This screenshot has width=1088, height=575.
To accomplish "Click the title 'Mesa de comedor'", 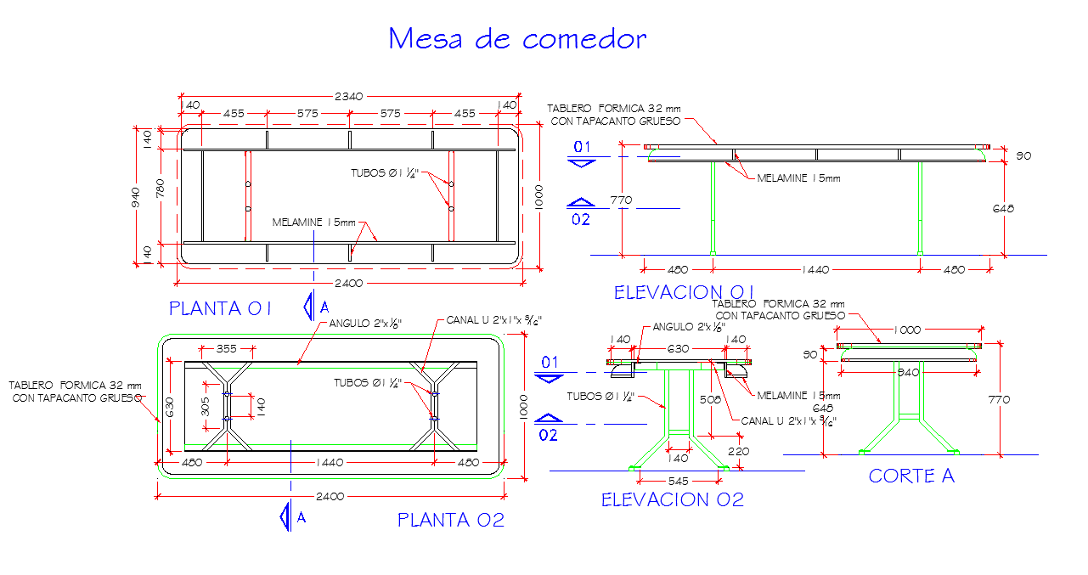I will click(517, 39).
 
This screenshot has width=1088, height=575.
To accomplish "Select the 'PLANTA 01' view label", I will click(220, 308).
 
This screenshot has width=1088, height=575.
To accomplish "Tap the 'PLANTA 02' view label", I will click(451, 520).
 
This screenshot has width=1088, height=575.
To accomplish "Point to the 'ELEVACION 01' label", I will click(685, 292).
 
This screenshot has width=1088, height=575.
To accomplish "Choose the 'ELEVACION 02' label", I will click(673, 499).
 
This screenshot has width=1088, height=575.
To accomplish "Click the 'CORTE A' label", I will click(911, 476).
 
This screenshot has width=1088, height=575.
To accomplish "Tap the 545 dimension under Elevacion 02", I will click(678, 480).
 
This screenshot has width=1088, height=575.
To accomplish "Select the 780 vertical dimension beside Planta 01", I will click(161, 189).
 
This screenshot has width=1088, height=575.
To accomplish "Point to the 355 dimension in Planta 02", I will click(226, 348).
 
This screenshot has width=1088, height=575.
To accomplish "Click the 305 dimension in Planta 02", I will click(204, 407).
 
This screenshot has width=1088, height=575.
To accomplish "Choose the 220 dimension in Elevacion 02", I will click(738, 451).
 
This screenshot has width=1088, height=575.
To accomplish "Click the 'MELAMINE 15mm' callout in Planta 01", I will click(314, 223).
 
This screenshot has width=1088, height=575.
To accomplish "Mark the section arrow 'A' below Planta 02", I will click(290, 516).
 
